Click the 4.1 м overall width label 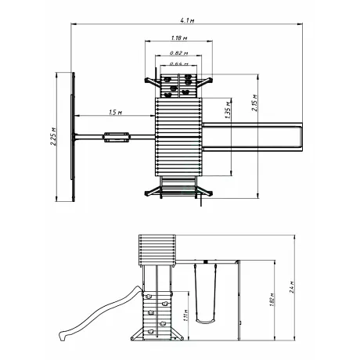187,20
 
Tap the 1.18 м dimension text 179,38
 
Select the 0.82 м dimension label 179,53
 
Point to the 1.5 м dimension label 116,113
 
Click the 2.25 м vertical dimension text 53,136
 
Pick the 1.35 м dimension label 228,110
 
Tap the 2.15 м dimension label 254,103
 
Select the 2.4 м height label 292,287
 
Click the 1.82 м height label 272,300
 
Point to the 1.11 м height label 185,315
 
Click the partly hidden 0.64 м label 179,64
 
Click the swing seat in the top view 117,137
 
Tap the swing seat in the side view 206,321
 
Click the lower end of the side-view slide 63,336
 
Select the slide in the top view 252,137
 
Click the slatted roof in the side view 157,250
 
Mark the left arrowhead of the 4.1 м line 73,24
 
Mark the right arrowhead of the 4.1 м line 301,24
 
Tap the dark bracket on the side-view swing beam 206,261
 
